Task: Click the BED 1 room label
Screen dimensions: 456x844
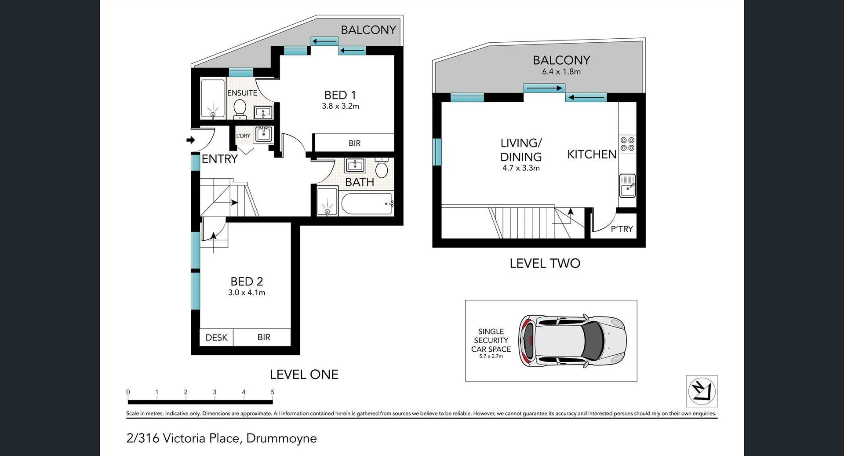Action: (340, 95)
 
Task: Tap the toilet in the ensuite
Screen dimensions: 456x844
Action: (240, 108)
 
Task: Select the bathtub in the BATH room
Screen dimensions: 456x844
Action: (367, 204)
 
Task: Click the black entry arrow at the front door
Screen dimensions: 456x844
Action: (191, 140)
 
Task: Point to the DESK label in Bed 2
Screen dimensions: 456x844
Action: (216, 338)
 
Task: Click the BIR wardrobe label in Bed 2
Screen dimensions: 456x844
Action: (264, 337)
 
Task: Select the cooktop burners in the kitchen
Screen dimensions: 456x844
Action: (627, 144)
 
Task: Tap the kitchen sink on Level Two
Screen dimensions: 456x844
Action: (627, 185)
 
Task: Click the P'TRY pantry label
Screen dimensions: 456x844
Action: (622, 229)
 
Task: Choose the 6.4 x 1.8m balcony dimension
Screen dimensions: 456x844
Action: (561, 72)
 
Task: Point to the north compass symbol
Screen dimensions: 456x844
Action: (702, 391)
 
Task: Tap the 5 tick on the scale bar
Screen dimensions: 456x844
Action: (273, 392)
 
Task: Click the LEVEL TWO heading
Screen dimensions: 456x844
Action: (545, 263)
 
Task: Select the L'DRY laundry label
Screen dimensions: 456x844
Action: (243, 136)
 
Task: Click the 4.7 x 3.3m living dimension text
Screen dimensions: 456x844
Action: (521, 168)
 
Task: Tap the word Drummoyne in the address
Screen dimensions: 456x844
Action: (281, 438)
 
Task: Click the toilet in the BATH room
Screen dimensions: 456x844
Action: (381, 168)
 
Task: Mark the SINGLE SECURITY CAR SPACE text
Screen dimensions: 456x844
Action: (491, 341)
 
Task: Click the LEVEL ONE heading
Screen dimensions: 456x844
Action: (304, 375)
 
